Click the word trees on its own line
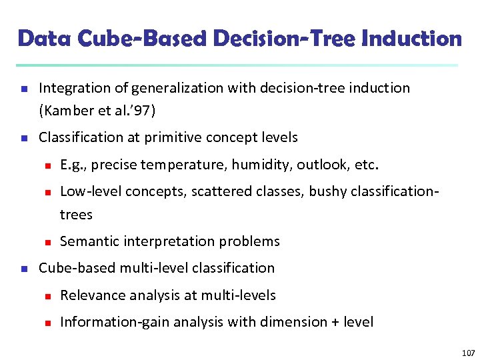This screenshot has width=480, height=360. point(76,215)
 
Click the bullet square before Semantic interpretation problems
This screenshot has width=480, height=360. point(47,242)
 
